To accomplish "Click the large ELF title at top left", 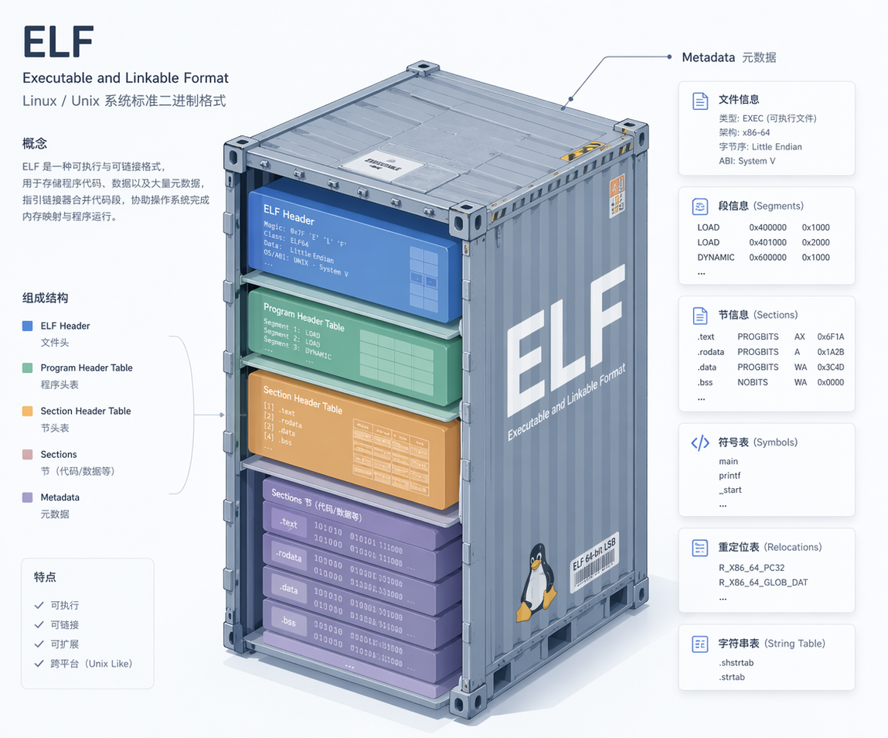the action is point(59,42).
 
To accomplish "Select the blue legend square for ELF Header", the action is point(28,326).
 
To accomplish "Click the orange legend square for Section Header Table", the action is point(28,411).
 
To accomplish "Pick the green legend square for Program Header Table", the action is point(28,367).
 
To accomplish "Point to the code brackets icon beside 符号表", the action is point(699,442).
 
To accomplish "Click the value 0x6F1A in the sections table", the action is point(830,337).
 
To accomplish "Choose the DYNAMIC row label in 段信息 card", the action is point(716,258).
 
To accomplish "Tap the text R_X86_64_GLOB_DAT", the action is point(763,583).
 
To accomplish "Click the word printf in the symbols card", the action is point(730,476).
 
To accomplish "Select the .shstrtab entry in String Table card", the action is point(736,663).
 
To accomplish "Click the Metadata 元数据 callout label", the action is point(729,57).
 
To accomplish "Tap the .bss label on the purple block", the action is point(288,621).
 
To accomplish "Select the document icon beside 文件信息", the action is point(699,101).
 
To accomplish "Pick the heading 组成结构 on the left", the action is point(46,298).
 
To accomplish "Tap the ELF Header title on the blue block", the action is point(288,214).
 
